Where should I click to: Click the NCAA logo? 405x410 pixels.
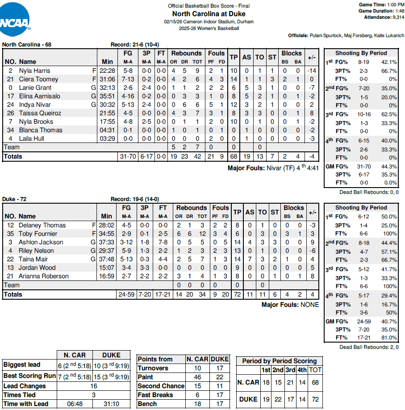click(x=15, y=18)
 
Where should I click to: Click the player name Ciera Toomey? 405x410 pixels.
click(x=38, y=79)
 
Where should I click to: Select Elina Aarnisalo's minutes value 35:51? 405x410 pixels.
click(x=108, y=96)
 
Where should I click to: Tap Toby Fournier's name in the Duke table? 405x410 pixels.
click(x=38, y=234)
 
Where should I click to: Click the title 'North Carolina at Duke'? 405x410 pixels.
click(x=209, y=14)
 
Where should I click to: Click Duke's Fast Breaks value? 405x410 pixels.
click(x=220, y=395)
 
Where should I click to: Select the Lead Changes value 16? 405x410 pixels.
click(x=94, y=386)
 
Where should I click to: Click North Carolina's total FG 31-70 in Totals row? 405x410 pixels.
click(x=127, y=156)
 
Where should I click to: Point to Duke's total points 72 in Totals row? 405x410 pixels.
click(x=237, y=294)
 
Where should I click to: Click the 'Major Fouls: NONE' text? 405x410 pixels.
click(x=290, y=305)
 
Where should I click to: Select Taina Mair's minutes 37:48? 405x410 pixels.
click(x=108, y=259)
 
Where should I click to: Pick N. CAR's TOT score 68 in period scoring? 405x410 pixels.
click(x=315, y=383)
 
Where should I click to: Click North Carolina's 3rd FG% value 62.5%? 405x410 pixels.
click(x=388, y=115)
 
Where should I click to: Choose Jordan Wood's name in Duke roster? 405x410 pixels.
click(x=37, y=268)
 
